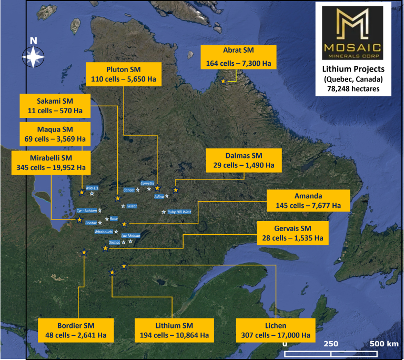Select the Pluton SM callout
tap(124, 75)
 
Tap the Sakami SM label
tap(54, 105)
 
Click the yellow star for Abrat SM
tap(224, 81)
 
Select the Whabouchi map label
tap(103, 232)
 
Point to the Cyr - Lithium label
tap(86, 211)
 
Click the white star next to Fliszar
tap(123, 206)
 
